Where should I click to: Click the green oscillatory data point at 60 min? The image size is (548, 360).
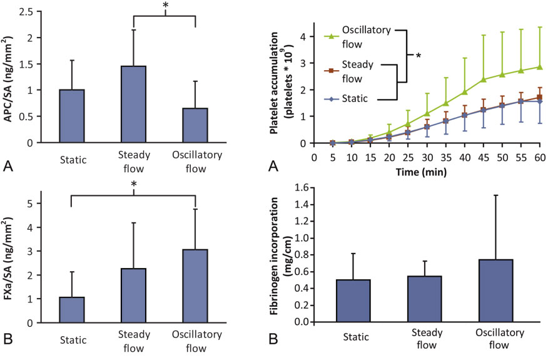(540, 66)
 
